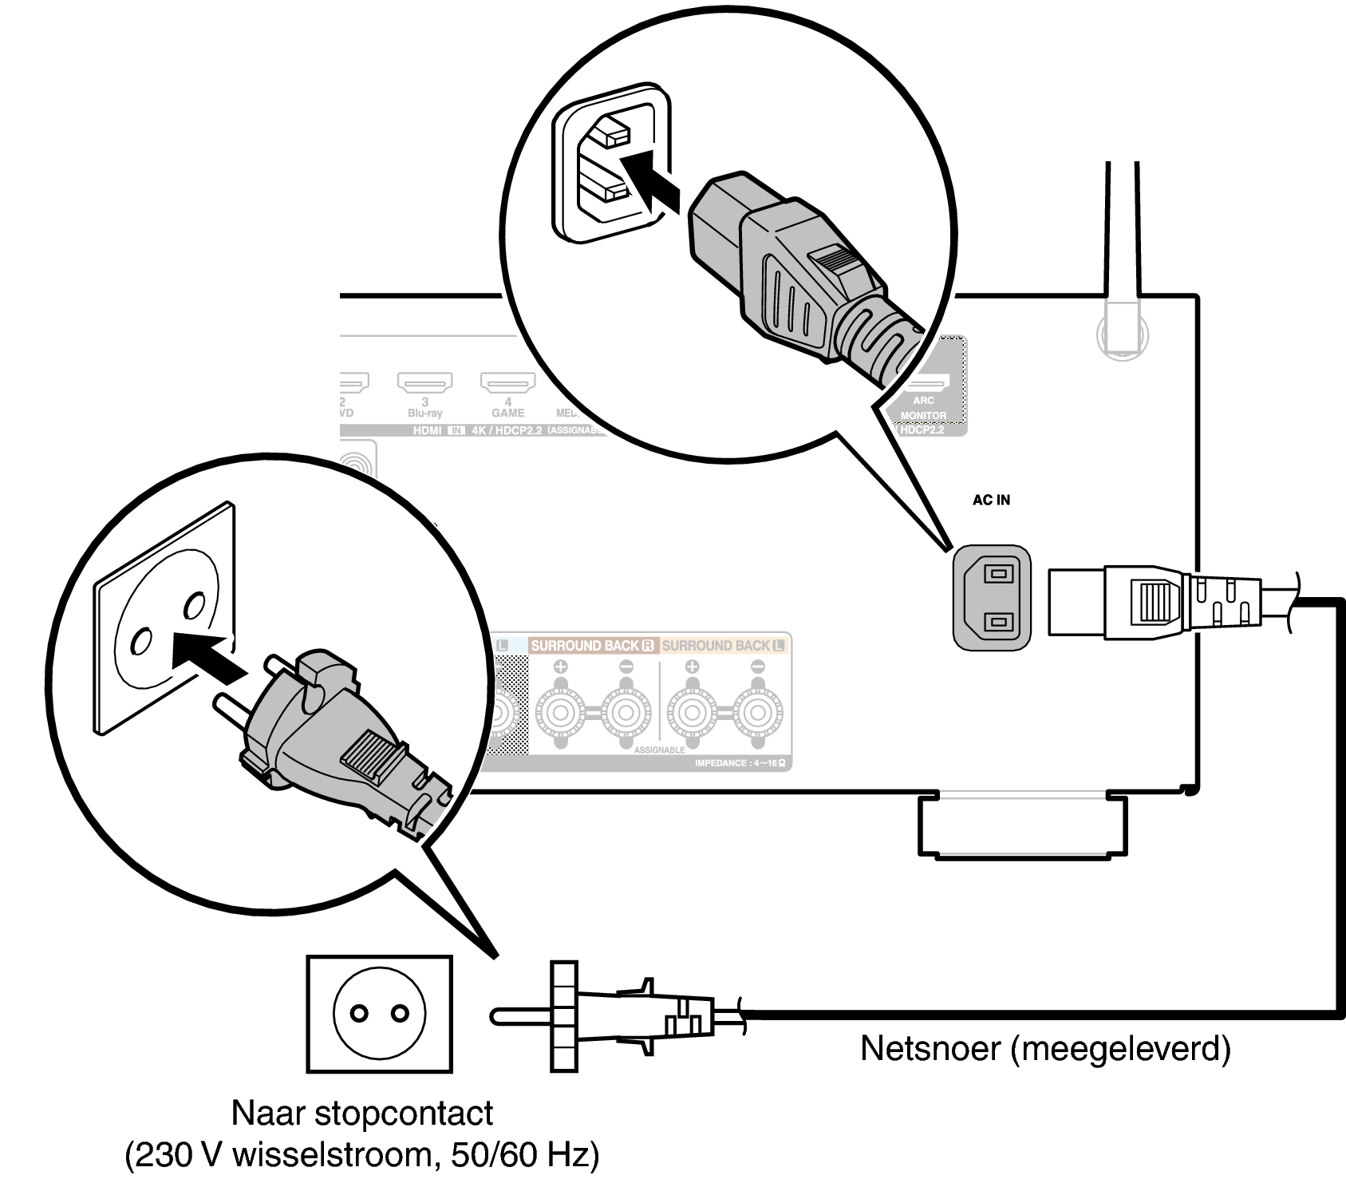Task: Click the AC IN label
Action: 991,501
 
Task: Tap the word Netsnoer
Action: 930,1048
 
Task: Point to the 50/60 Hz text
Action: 519,1155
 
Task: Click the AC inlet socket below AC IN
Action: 992,597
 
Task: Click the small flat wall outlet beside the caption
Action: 379,1014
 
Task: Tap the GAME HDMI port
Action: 507,383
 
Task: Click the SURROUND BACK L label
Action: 723,646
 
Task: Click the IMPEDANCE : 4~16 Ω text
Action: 740,763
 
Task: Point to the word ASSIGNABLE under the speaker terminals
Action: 659,750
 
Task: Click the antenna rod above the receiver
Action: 1122,231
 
